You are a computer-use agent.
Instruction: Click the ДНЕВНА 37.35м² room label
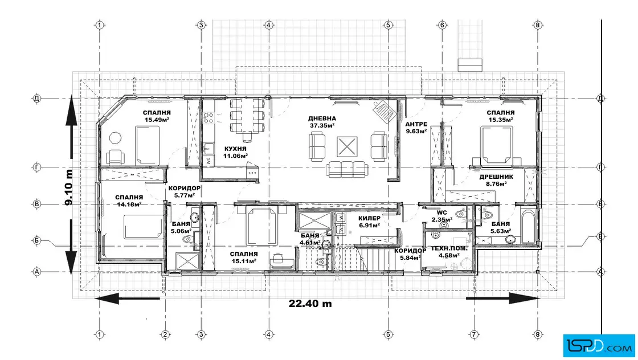point(322,122)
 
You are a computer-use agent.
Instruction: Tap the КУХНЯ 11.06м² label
point(235,152)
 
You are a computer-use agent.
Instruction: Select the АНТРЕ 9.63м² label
point(416,128)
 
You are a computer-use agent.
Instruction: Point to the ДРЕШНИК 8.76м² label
point(496,180)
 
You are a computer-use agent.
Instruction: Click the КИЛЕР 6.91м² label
point(369,222)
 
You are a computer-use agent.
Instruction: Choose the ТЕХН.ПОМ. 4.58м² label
point(449,252)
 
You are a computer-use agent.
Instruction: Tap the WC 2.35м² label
point(442,216)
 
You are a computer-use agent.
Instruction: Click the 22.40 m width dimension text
point(310,304)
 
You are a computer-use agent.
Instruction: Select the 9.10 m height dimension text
point(69,187)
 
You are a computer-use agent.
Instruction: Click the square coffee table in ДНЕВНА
point(347,146)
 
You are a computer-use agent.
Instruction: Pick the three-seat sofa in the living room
point(347,169)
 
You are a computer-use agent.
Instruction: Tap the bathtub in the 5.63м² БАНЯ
point(529,227)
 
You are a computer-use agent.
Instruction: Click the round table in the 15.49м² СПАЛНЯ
point(115,138)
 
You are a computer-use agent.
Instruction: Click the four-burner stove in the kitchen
point(208,118)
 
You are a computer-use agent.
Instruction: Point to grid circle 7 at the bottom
point(474,334)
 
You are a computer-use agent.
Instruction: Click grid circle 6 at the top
point(442,25)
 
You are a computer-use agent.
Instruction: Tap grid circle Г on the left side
point(37,167)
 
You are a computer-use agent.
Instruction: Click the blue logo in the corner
point(599,346)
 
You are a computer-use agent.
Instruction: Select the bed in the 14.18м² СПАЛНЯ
point(142,227)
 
